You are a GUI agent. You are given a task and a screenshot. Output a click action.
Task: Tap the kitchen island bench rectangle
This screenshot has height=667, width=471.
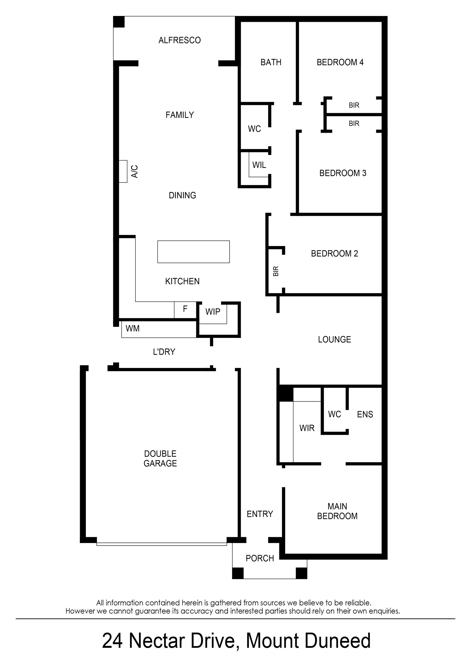(193, 252)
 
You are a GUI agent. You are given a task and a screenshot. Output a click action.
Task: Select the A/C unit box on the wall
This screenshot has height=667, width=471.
(123, 171)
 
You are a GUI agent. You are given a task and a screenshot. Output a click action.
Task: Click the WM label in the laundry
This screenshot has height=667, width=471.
(132, 328)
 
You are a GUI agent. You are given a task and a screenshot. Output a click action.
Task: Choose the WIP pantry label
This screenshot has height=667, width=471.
(213, 312)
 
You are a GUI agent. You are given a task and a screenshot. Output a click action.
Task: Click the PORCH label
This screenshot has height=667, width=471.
(260, 558)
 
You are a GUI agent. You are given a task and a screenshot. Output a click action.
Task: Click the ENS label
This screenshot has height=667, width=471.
(365, 414)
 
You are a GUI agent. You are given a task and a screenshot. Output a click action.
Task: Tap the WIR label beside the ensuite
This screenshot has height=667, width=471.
(307, 428)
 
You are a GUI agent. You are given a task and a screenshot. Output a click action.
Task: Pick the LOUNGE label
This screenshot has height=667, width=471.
(334, 339)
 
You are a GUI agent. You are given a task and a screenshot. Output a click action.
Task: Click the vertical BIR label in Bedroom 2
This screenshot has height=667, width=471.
(276, 271)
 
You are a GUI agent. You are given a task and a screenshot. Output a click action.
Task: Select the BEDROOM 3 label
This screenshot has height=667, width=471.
(343, 173)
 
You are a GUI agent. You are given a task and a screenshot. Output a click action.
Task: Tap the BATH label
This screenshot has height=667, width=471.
(271, 62)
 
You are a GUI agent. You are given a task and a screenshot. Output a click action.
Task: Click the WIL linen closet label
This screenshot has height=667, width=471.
(259, 165)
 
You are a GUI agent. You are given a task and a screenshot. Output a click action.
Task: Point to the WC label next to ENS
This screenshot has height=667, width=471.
(334, 414)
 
